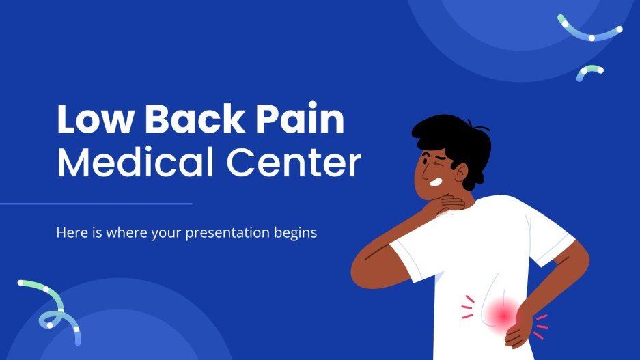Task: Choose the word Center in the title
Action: (294, 163)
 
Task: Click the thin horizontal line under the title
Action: (96, 204)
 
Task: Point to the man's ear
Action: (461, 173)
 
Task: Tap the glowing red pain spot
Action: (503, 315)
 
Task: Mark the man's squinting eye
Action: (426, 160)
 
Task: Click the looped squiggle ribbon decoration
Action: (51, 310)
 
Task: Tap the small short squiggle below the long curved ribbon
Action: (589, 72)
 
